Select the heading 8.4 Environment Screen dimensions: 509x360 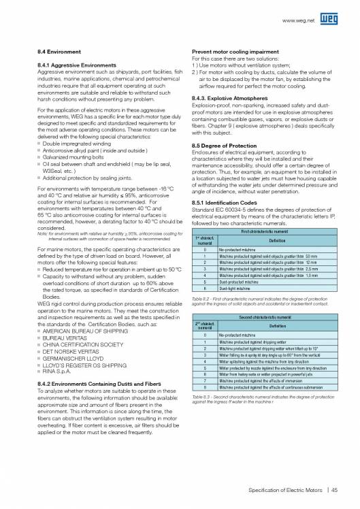(x=59, y=52)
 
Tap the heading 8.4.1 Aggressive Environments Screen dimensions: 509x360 (x=77, y=65)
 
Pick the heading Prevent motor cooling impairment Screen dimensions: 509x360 (x=238, y=52)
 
